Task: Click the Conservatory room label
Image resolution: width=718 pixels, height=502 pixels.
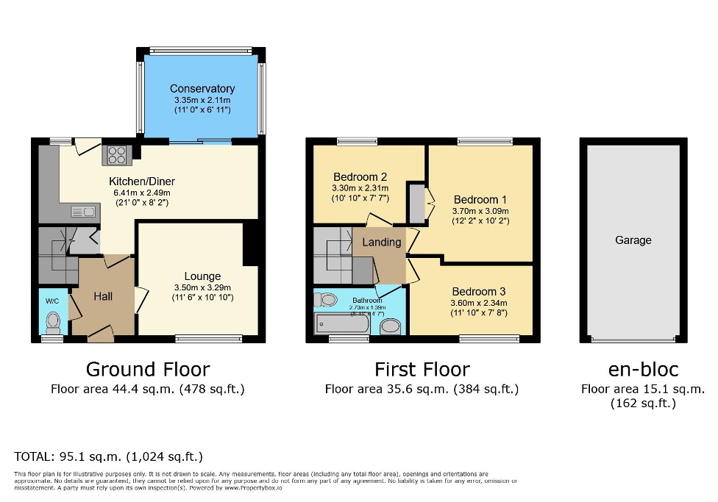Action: click(202, 89)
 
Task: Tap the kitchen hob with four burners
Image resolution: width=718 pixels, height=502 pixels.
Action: click(118, 154)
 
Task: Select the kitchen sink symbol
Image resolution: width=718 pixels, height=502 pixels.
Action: click(83, 212)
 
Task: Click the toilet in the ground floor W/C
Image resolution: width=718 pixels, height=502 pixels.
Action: click(52, 322)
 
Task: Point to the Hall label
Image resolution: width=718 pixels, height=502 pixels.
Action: click(103, 296)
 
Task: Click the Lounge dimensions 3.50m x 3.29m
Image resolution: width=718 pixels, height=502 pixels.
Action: click(202, 287)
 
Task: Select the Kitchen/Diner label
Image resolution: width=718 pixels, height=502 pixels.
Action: click(142, 182)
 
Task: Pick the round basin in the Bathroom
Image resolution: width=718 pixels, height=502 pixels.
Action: click(391, 326)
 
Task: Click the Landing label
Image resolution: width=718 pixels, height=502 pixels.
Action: click(382, 242)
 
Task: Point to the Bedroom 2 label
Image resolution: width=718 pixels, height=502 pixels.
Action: click(360, 177)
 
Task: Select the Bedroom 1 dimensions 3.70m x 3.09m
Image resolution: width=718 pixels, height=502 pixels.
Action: click(480, 210)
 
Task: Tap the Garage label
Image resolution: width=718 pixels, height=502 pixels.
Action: click(633, 240)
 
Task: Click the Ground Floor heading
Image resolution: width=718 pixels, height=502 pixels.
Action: click(147, 369)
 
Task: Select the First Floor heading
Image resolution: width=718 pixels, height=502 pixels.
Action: click(422, 369)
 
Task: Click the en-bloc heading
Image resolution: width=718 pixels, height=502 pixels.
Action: click(642, 369)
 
